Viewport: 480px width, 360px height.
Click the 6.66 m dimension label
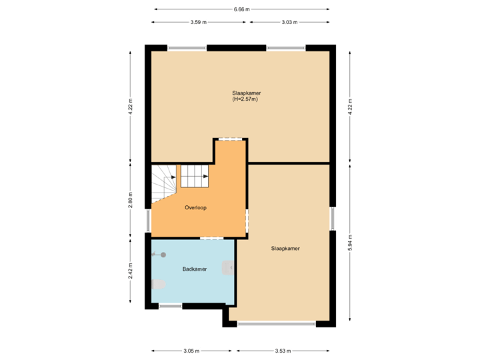click(241, 9)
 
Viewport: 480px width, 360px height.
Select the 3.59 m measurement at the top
click(197, 22)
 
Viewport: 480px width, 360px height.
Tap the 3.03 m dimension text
click(289, 22)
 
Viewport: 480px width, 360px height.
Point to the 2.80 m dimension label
click(131, 200)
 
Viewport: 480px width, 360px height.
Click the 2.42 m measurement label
click(131, 270)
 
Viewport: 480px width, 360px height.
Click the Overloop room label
click(195, 208)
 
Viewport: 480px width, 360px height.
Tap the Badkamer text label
click(195, 269)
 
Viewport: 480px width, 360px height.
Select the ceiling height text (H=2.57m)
click(245, 99)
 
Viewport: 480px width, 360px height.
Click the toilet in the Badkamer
click(158, 285)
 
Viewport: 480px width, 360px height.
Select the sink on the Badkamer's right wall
click(229, 268)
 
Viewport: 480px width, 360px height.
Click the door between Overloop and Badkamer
click(211, 238)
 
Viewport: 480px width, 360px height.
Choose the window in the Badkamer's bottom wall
click(170, 307)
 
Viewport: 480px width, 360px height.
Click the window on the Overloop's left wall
click(148, 220)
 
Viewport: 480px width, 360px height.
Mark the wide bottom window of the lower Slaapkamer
click(276, 325)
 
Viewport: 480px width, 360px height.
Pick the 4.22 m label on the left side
click(131, 107)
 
